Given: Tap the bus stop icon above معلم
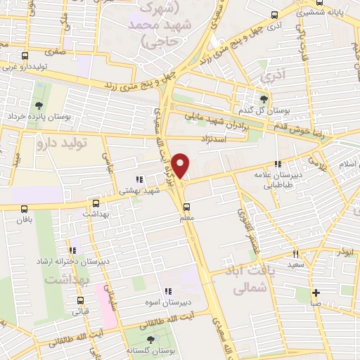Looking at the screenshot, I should pyautogui.click(x=186, y=207).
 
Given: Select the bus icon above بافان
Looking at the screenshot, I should pyautogui.click(x=25, y=209).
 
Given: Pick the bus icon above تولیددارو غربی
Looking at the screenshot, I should pyautogui.click(x=25, y=56).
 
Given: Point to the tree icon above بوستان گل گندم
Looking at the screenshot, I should pyautogui.click(x=264, y=99).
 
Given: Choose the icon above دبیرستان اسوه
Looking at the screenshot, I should pyautogui.click(x=167, y=292).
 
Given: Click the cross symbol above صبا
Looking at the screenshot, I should pyautogui.click(x=316, y=293).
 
